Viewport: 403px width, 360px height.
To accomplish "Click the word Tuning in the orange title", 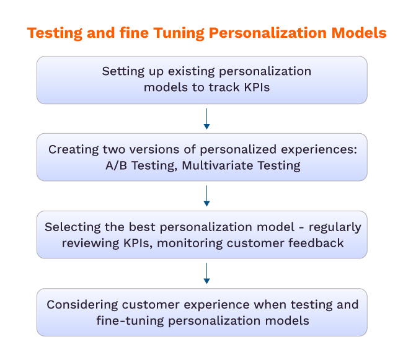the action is tap(179, 33).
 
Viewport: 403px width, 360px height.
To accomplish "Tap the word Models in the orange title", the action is tap(359, 33).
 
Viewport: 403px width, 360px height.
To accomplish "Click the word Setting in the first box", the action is tap(123, 72).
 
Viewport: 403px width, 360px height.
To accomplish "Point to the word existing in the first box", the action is tap(191, 72).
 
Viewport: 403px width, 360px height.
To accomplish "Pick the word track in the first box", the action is tap(224, 87).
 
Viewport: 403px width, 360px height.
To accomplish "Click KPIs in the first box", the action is tap(257, 87).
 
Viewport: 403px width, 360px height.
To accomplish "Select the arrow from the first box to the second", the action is tap(206, 118).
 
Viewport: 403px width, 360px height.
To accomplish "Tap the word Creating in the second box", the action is tap(74, 150).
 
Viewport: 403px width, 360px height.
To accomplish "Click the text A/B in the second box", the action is tap(116, 165).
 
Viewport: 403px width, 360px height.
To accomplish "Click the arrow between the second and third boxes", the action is tap(206, 196).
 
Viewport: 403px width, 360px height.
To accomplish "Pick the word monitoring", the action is tap(190, 244).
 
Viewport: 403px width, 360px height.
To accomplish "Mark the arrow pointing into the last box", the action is tap(206, 273).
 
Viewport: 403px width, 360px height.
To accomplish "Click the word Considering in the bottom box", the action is tap(82, 305).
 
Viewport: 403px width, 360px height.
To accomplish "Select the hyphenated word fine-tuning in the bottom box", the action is tap(130, 321).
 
